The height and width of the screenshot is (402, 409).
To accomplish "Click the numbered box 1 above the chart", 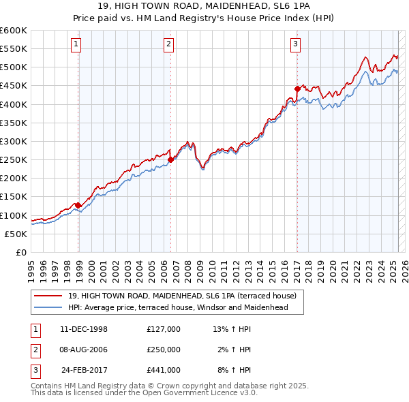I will [x=75, y=45].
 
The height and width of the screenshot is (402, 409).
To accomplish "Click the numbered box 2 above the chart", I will [x=168, y=45].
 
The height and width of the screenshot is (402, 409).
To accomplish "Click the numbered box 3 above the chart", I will [x=295, y=45].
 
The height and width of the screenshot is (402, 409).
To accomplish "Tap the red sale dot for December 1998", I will [x=78, y=205].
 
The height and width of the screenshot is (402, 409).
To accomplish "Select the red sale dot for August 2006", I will [x=170, y=160].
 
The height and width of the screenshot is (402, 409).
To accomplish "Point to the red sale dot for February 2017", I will [x=297, y=89].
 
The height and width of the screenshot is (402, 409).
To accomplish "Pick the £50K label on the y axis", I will [x=16, y=234].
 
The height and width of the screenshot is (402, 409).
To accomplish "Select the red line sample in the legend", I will [x=48, y=296].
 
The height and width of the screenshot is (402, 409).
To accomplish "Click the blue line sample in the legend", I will [x=48, y=307].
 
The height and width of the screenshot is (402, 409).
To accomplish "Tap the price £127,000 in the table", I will [x=163, y=329].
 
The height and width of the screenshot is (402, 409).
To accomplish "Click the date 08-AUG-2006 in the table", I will [x=84, y=350].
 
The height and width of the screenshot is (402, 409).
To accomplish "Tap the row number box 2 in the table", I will [x=33, y=350].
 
